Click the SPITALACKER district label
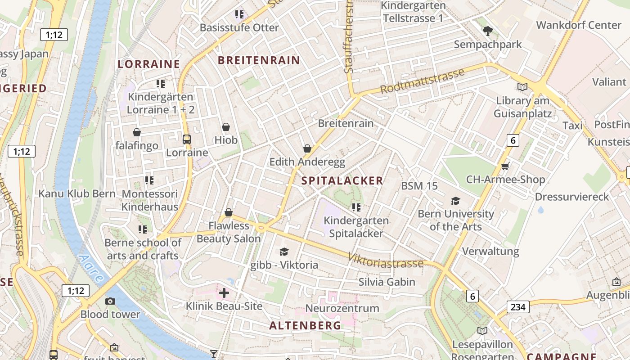click(x=342, y=181)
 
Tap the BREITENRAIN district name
click(x=259, y=60)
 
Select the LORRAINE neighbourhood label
click(x=149, y=64)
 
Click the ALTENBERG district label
click(x=305, y=325)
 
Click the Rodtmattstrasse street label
click(x=422, y=81)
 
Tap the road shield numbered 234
click(x=518, y=307)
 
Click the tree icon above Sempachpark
click(x=487, y=31)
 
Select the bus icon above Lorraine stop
click(x=187, y=139)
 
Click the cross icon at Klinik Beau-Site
click(x=224, y=293)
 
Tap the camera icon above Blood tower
click(x=110, y=301)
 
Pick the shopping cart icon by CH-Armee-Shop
click(x=505, y=166)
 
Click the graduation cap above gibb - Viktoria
click(x=284, y=252)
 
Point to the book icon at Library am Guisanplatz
click(x=522, y=87)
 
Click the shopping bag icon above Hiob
click(x=226, y=127)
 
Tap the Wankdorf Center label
click(x=578, y=25)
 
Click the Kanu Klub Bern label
click(x=77, y=193)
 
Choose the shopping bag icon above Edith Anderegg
click(x=307, y=148)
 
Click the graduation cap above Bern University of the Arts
click(x=456, y=201)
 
